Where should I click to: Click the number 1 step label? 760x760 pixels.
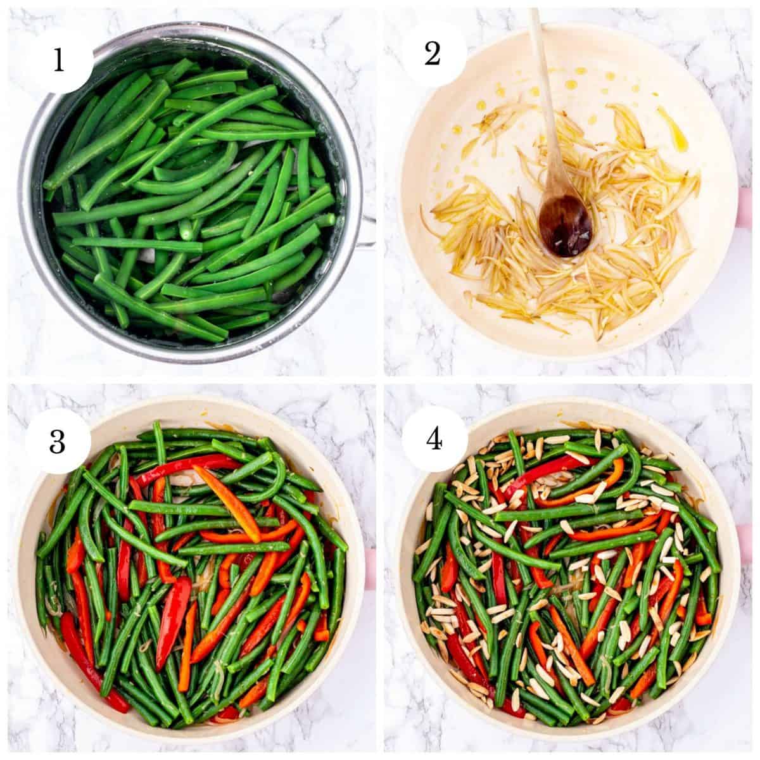pyautogui.click(x=59, y=60)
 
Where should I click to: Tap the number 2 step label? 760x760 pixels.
pyautogui.click(x=433, y=54)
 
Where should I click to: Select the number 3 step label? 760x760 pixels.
pyautogui.click(x=58, y=442)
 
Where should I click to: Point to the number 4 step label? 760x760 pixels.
pyautogui.click(x=434, y=440)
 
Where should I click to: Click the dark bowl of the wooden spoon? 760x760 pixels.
pyautogui.click(x=565, y=225)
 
